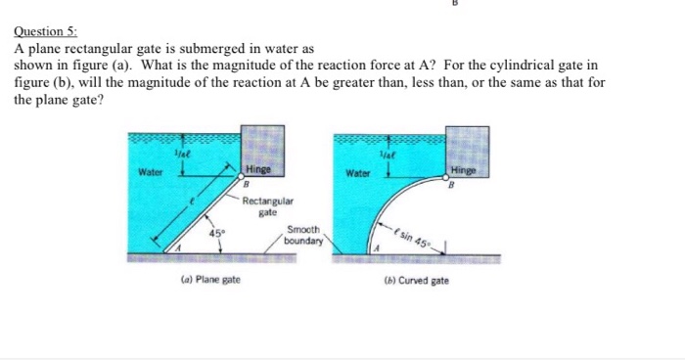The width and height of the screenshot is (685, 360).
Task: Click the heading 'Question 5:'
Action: [x=38, y=30]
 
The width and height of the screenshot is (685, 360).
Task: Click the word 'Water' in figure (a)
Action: [x=151, y=173]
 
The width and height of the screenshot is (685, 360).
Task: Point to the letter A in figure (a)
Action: [x=179, y=250]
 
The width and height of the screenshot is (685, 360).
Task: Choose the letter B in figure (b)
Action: [x=453, y=183]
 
